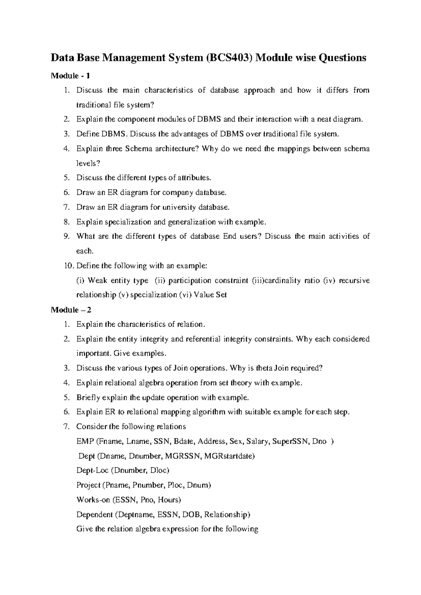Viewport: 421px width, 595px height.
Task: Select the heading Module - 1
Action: pos(71,76)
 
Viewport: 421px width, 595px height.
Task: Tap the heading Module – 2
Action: pos(71,310)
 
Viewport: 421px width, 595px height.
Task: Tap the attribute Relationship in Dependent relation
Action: pos(227,515)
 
